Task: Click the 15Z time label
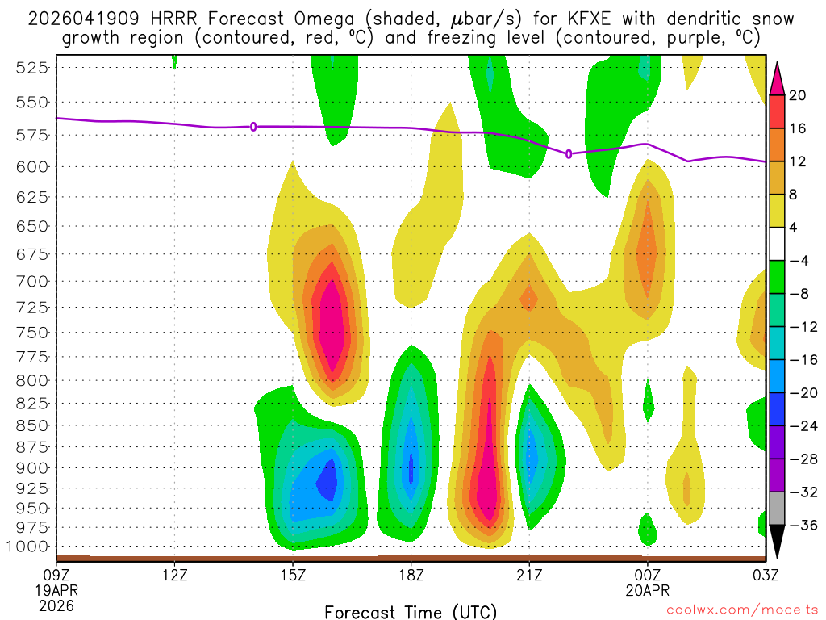click(293, 576)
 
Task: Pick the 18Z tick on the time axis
click(411, 576)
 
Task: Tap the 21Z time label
click(528, 576)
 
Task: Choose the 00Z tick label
click(647, 576)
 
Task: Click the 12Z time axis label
click(175, 576)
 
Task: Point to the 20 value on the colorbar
click(797, 95)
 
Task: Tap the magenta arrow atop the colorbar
click(777, 78)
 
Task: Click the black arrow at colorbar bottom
click(777, 542)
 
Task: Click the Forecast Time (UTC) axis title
click(411, 611)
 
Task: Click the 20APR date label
click(647, 590)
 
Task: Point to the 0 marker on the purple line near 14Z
click(253, 127)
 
